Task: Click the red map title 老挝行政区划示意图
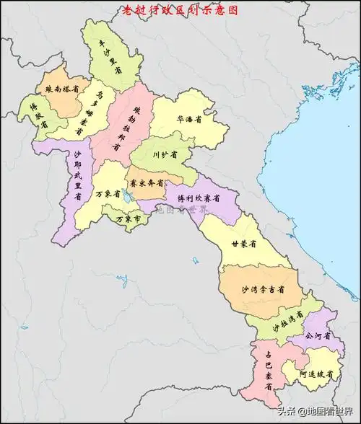(x=178, y=10)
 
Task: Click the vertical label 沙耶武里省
(x=74, y=177)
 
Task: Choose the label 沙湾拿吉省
(x=261, y=288)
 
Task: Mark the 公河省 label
(x=318, y=335)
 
